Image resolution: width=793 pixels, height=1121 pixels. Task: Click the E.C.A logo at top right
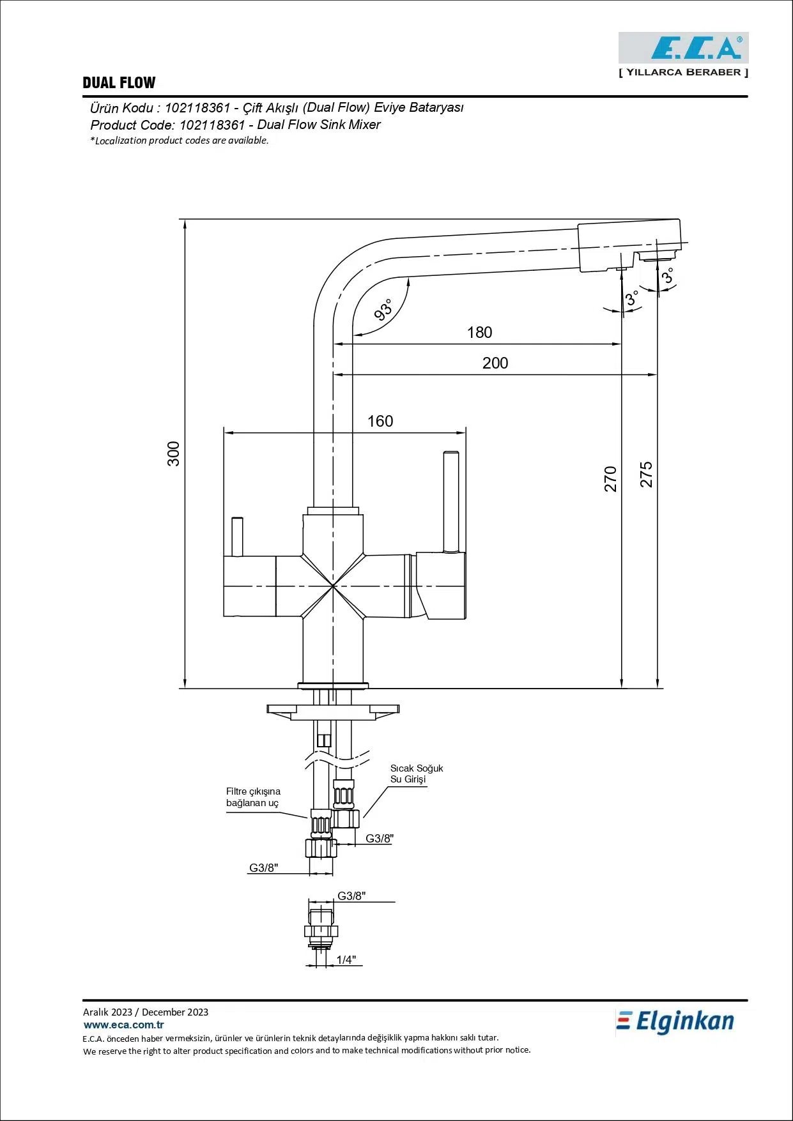[x=683, y=48]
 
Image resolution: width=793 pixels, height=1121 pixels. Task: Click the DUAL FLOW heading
[x=119, y=83]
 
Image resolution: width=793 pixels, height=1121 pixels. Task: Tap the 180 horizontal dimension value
[x=479, y=333]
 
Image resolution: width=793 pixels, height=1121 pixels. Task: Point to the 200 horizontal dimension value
[x=495, y=363]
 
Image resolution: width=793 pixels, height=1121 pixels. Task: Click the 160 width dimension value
[x=380, y=422]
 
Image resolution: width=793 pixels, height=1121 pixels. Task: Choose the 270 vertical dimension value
[x=611, y=479]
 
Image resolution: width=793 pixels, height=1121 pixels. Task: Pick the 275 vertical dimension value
[x=647, y=475]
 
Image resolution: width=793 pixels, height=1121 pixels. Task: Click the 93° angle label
[x=383, y=310]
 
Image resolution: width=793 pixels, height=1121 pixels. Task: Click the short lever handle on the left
[x=237, y=537]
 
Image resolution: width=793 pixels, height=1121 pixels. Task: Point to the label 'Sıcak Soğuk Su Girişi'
[x=416, y=774]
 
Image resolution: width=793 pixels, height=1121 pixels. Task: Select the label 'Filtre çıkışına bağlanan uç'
[x=253, y=797]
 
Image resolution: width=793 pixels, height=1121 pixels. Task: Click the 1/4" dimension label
[x=346, y=959]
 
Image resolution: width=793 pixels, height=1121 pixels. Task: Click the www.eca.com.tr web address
[x=124, y=1025]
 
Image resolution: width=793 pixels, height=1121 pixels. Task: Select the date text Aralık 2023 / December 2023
[x=146, y=1012]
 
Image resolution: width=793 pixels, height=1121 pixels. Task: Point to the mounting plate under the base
[x=332, y=711]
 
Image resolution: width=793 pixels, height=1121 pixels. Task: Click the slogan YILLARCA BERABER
[x=683, y=72]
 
